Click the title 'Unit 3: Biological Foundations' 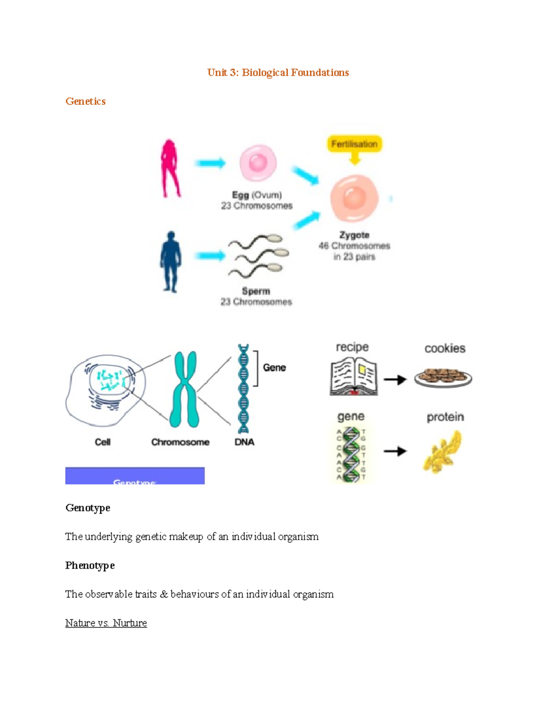(278, 73)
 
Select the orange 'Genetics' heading (86, 102)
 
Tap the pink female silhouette (170, 168)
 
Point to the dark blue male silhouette (171, 261)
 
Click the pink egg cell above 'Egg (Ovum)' (258, 163)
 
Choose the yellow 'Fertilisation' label (354, 144)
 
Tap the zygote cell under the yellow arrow (354, 198)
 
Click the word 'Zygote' (354, 235)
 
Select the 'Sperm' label (256, 291)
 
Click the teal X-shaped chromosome (184, 389)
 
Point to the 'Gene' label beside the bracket (274, 368)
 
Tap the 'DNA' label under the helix (244, 442)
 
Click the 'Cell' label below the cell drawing (102, 442)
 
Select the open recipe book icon (354, 378)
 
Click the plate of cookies (443, 377)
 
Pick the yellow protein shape (443, 452)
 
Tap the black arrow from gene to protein (395, 451)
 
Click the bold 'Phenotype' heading (90, 566)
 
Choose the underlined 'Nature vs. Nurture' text (106, 623)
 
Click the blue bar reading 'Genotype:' (135, 476)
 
